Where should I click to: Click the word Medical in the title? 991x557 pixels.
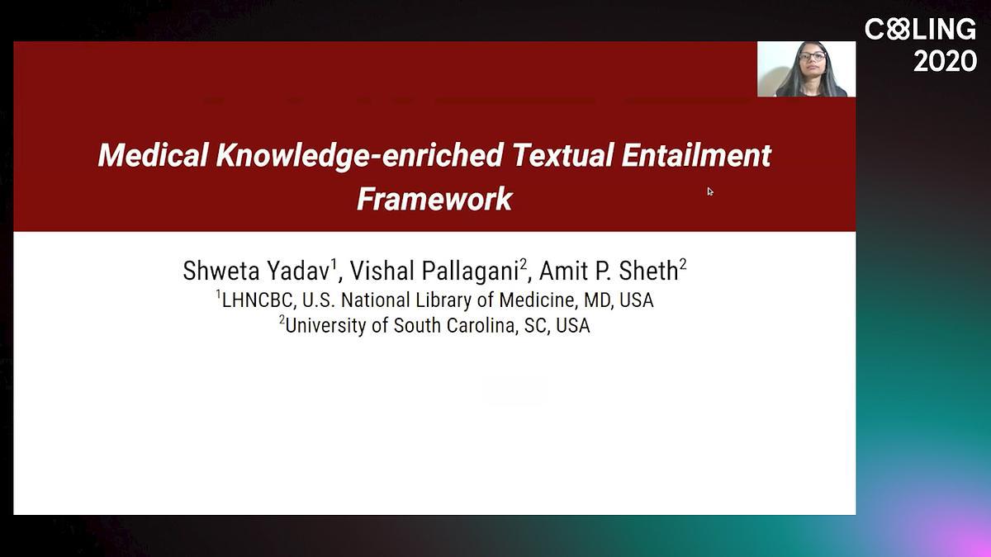tap(153, 155)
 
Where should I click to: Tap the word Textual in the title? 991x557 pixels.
tap(562, 155)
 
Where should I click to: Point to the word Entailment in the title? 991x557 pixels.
tap(696, 155)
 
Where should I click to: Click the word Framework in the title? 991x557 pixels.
tap(434, 199)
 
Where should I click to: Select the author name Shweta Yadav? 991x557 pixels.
tap(257, 271)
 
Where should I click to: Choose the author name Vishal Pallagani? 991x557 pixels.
tap(434, 271)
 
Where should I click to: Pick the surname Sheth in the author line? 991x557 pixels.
tap(648, 271)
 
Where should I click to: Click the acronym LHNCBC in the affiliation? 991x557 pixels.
tap(257, 300)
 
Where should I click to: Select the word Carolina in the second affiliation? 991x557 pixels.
tap(481, 326)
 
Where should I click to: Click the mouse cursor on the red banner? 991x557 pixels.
tap(710, 191)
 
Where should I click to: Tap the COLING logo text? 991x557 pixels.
tap(920, 29)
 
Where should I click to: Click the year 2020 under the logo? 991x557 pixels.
tap(945, 61)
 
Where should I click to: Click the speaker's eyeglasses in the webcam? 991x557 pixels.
tap(813, 56)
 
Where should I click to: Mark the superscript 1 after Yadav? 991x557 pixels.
tap(334, 264)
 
